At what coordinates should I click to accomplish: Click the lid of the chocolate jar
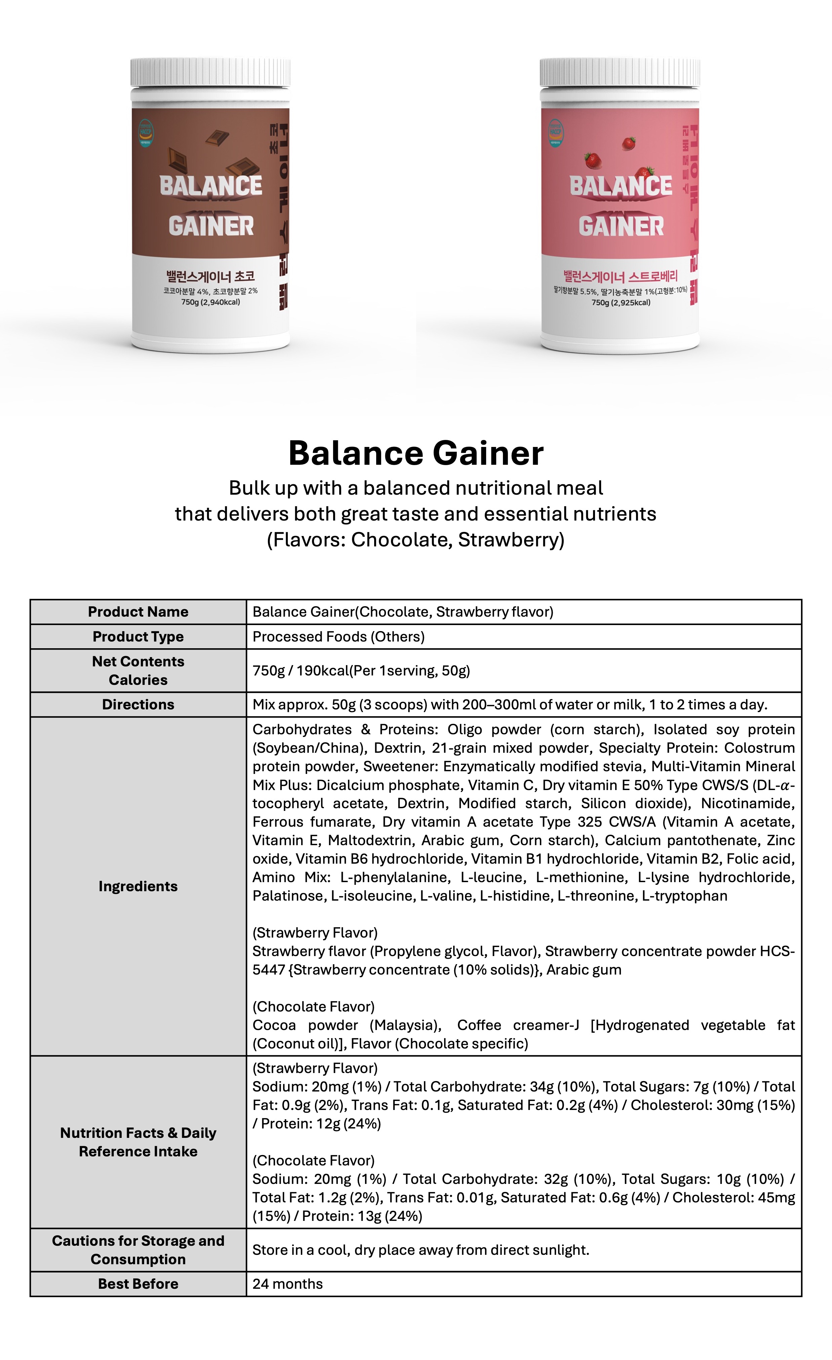tap(210, 72)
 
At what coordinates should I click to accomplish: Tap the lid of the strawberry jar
tap(620, 72)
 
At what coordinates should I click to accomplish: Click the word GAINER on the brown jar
tap(211, 226)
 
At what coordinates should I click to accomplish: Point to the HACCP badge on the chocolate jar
tap(146, 132)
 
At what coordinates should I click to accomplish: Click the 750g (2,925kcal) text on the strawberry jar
tap(621, 302)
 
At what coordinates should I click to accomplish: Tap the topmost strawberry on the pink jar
tap(628, 143)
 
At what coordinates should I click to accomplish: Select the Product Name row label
tap(138, 612)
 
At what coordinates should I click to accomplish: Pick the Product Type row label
tap(138, 636)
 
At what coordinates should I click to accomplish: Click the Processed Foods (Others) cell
tap(339, 636)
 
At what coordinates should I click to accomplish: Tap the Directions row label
tap(138, 704)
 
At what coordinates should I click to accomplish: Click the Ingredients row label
tap(138, 886)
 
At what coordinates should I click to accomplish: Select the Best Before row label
tap(138, 1284)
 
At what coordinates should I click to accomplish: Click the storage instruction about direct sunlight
tap(421, 1250)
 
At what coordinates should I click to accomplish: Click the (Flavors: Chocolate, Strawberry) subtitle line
tap(416, 539)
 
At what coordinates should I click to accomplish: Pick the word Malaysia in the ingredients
tap(405, 1025)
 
